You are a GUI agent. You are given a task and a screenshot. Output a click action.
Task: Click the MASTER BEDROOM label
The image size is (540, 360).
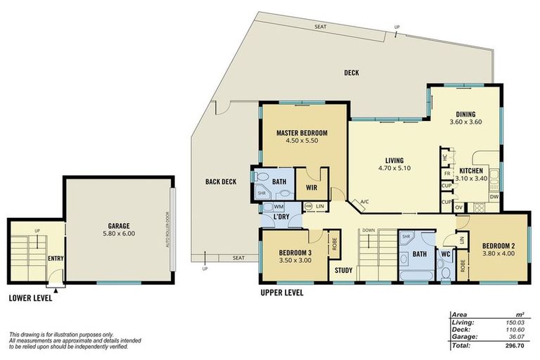click(x=302, y=132)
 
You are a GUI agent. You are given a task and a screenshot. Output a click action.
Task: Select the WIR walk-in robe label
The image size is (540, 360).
click(x=311, y=188)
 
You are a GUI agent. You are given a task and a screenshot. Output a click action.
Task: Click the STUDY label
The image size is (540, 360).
click(x=343, y=270)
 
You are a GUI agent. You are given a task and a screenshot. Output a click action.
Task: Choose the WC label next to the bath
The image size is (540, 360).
click(x=445, y=253)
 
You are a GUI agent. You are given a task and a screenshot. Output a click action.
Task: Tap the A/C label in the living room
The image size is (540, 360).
click(x=365, y=202)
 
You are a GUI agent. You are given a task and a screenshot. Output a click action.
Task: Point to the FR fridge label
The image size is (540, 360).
click(x=446, y=172)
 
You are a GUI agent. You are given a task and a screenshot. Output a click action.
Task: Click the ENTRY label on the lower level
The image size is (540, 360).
click(x=56, y=258)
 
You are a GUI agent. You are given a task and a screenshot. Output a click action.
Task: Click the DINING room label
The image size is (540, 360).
click(x=465, y=114)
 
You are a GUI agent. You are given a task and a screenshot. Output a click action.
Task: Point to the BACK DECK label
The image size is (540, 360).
click(x=220, y=182)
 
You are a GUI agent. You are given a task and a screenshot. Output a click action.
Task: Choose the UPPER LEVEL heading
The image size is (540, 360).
click(x=281, y=292)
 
